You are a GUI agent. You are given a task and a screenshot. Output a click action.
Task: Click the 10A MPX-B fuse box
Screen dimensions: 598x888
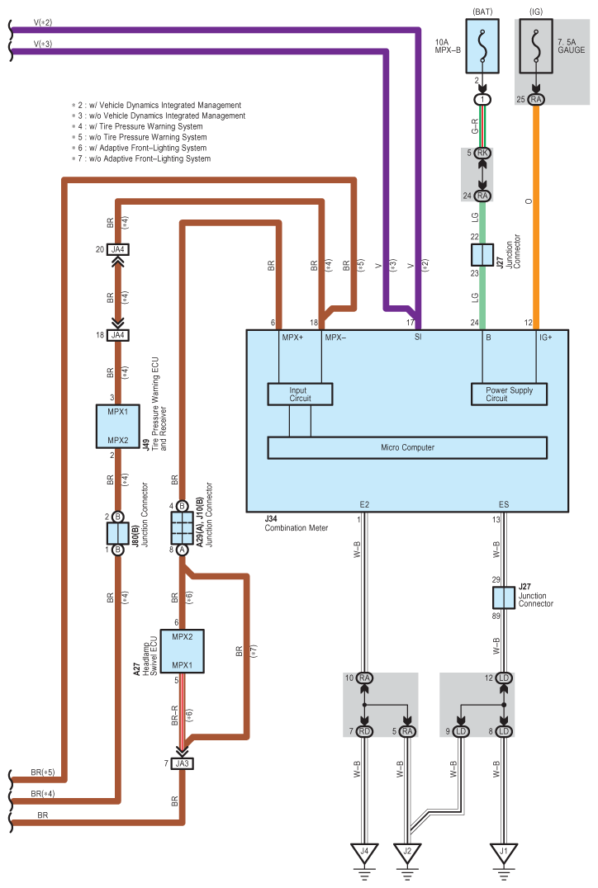tap(482, 46)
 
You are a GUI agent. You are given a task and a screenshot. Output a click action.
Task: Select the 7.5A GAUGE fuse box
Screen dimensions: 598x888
tap(536, 46)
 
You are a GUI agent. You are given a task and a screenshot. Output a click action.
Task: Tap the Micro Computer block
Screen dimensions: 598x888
tap(407, 447)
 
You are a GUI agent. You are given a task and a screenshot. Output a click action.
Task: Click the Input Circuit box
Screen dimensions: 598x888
tap(300, 394)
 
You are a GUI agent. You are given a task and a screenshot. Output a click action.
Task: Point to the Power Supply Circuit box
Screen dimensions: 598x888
tap(509, 394)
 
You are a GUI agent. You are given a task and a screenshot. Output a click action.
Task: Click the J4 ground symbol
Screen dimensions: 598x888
tap(364, 853)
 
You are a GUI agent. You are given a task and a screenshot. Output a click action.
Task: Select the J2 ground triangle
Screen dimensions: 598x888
tap(407, 853)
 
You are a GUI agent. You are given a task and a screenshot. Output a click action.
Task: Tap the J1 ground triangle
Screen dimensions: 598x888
tap(503, 853)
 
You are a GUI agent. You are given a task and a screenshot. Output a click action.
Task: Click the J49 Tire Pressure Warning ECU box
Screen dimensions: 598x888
tap(118, 427)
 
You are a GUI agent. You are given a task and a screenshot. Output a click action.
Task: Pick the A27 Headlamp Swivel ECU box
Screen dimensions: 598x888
tap(182, 651)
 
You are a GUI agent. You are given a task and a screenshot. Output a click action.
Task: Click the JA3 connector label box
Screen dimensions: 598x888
tap(182, 763)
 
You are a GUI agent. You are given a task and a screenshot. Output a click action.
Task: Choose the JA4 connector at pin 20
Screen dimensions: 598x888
tap(118, 249)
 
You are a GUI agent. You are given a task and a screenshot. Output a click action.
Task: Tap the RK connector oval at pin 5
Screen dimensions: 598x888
tap(482, 153)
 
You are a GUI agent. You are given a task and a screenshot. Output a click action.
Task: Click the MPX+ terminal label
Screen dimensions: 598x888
tap(292, 338)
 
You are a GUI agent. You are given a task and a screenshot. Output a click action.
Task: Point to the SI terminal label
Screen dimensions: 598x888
tap(418, 337)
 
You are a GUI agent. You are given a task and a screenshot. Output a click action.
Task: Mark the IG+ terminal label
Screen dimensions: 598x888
tap(545, 338)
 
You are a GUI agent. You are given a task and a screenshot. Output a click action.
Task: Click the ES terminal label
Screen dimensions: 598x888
tap(504, 504)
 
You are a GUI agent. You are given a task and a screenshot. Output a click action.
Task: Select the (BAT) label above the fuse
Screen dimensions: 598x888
tap(482, 12)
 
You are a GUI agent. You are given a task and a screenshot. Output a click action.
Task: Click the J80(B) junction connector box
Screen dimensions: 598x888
tap(118, 533)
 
